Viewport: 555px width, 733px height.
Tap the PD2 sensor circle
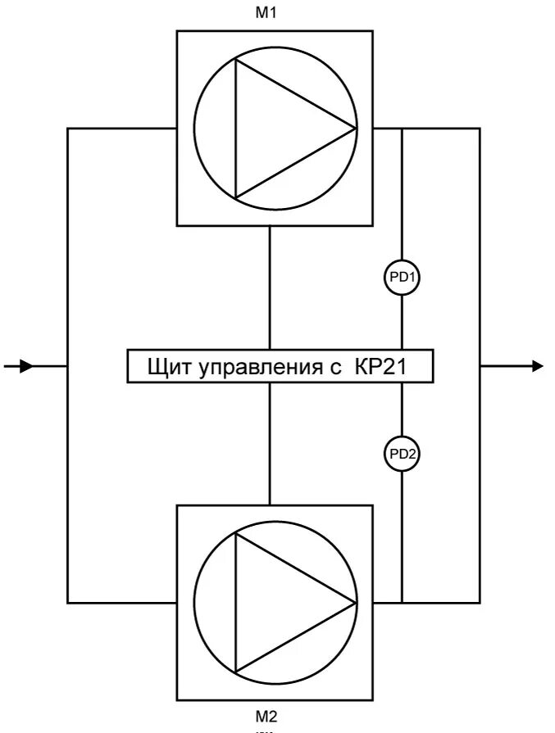(x=403, y=454)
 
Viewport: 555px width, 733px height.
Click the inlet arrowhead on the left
(x=25, y=366)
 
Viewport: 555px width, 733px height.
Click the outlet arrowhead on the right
(x=536, y=365)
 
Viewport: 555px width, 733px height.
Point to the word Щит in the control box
(x=169, y=366)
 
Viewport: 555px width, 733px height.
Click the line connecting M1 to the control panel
(x=270, y=287)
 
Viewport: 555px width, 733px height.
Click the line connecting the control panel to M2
(x=270, y=443)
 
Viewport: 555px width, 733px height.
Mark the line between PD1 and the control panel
(x=403, y=323)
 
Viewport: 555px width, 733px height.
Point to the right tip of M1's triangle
(x=356, y=128)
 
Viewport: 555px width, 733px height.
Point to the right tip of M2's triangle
(x=356, y=603)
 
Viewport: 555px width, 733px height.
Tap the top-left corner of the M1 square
(x=177, y=31)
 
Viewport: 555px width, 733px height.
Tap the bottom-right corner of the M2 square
(x=374, y=700)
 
